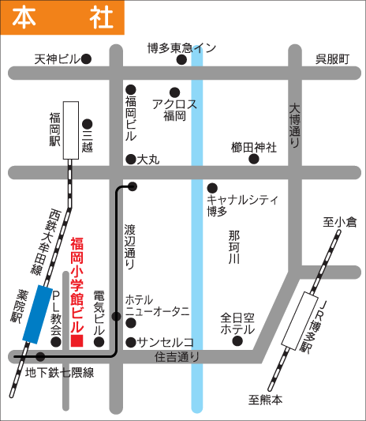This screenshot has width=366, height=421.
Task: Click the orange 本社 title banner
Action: tap(62, 17)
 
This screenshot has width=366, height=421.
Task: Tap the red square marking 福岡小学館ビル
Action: tap(77, 341)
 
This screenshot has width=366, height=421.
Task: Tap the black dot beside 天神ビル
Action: tap(87, 58)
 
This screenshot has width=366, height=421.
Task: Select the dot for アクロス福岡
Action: tap(174, 92)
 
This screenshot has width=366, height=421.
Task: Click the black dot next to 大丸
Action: tap(130, 159)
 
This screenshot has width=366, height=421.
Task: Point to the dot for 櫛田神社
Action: tap(254, 159)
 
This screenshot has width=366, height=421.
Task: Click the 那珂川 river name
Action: tap(233, 246)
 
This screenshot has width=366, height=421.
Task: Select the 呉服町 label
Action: tap(331, 58)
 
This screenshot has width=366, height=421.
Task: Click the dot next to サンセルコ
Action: tap(130, 342)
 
